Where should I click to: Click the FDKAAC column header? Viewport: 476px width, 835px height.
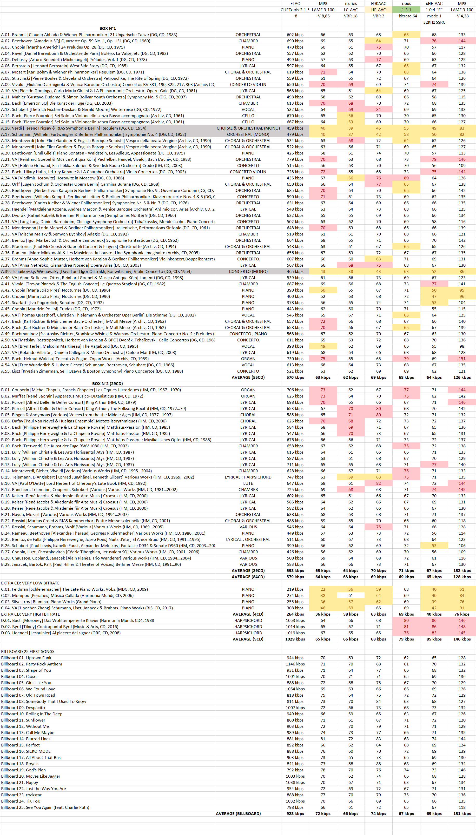pos(378,4)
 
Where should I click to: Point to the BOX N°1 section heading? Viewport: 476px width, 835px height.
pos(108,28)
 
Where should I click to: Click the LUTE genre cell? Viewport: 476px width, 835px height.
pos(248,483)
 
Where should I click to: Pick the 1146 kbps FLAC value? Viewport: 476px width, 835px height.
pos(295,664)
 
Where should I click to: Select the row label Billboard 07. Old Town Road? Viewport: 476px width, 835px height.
pos(28,695)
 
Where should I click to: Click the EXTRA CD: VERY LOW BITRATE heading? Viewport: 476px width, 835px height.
pos(30,583)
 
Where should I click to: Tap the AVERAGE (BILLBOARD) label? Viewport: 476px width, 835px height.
pos(238,813)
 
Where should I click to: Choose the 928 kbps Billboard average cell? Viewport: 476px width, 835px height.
pos(295,813)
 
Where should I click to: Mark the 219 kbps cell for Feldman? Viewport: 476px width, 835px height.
pos(295,589)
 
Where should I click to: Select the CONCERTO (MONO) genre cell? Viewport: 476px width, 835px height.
pos(248,272)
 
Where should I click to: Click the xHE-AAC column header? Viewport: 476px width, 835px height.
pos(434,4)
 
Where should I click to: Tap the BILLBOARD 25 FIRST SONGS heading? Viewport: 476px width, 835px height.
pos(28,651)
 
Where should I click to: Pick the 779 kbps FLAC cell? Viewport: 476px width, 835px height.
pos(295,159)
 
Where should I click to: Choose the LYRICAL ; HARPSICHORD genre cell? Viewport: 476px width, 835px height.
pos(248,477)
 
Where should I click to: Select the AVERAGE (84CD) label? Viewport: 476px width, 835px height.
pos(248,577)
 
